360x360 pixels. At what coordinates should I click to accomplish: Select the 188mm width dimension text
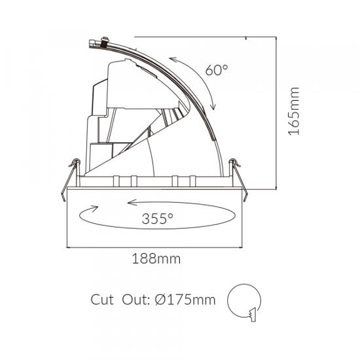(x=156, y=259)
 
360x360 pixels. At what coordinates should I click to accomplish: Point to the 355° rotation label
(x=156, y=219)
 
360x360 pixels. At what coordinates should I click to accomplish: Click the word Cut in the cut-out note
(x=104, y=300)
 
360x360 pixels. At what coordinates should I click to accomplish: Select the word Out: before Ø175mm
(x=137, y=300)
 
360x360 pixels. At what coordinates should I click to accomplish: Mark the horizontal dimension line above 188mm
(x=156, y=247)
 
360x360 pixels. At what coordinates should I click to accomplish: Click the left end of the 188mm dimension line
(x=71, y=247)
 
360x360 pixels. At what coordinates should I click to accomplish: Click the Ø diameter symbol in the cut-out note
(x=161, y=300)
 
